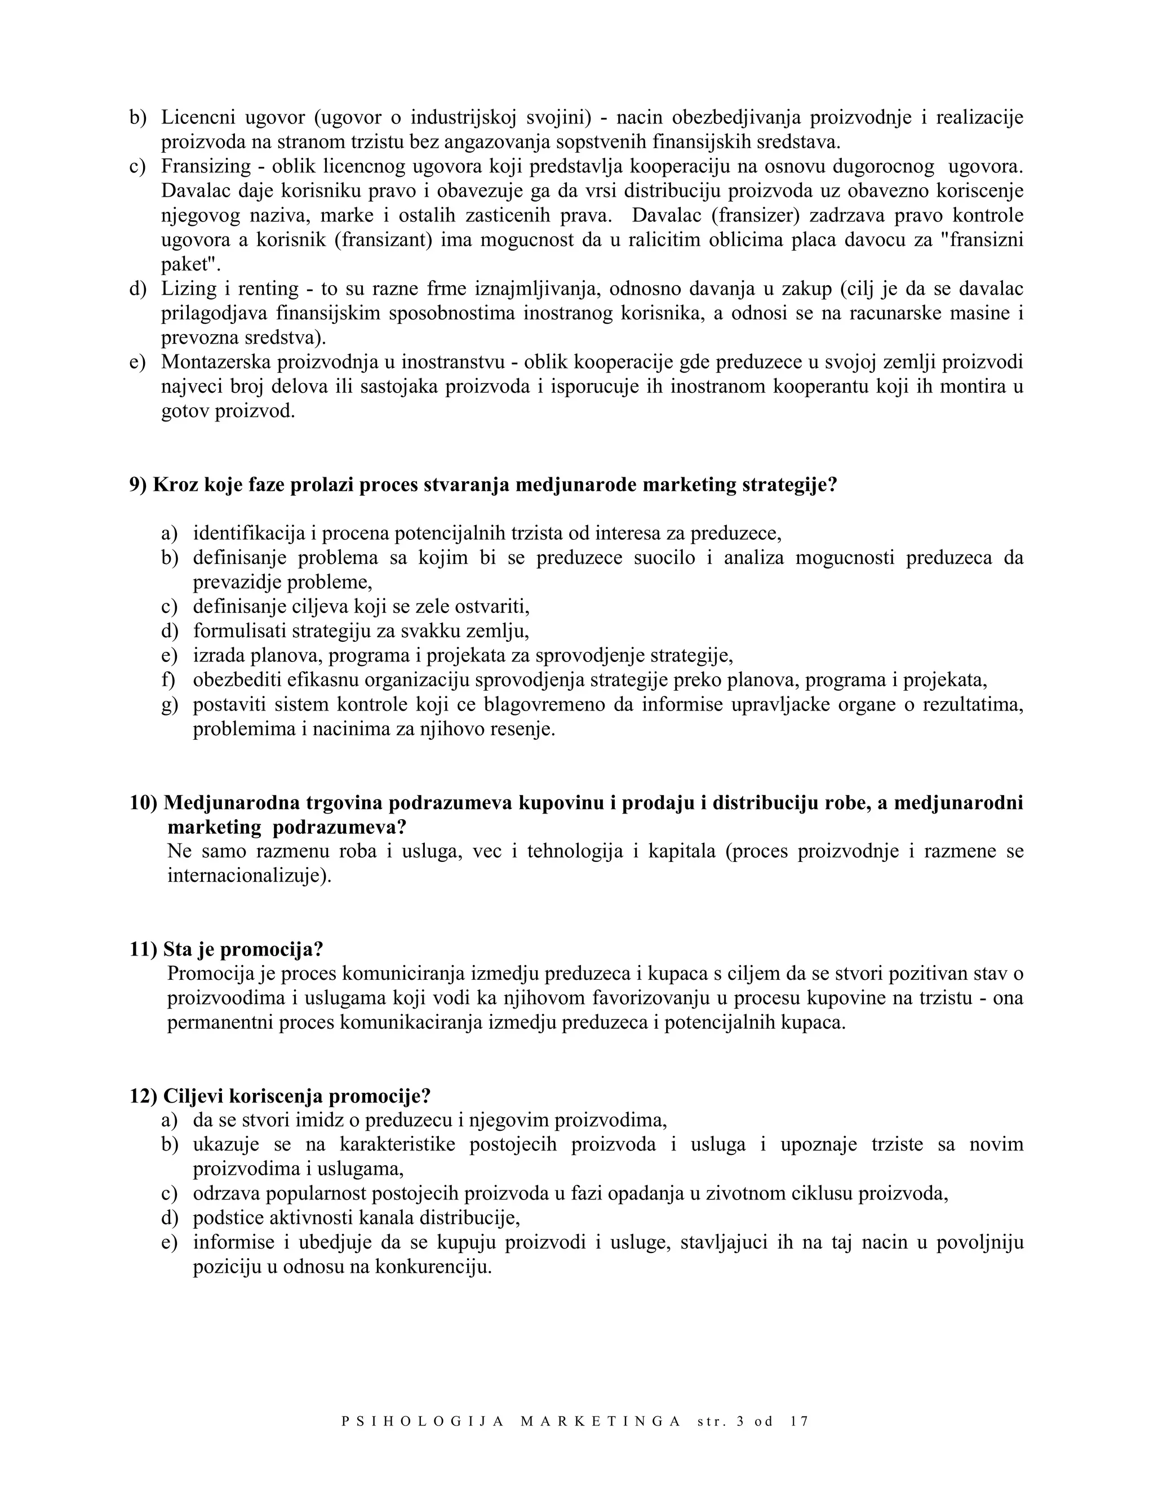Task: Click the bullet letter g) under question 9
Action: pyautogui.click(x=169, y=705)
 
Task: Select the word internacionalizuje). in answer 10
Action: pyautogui.click(x=249, y=876)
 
